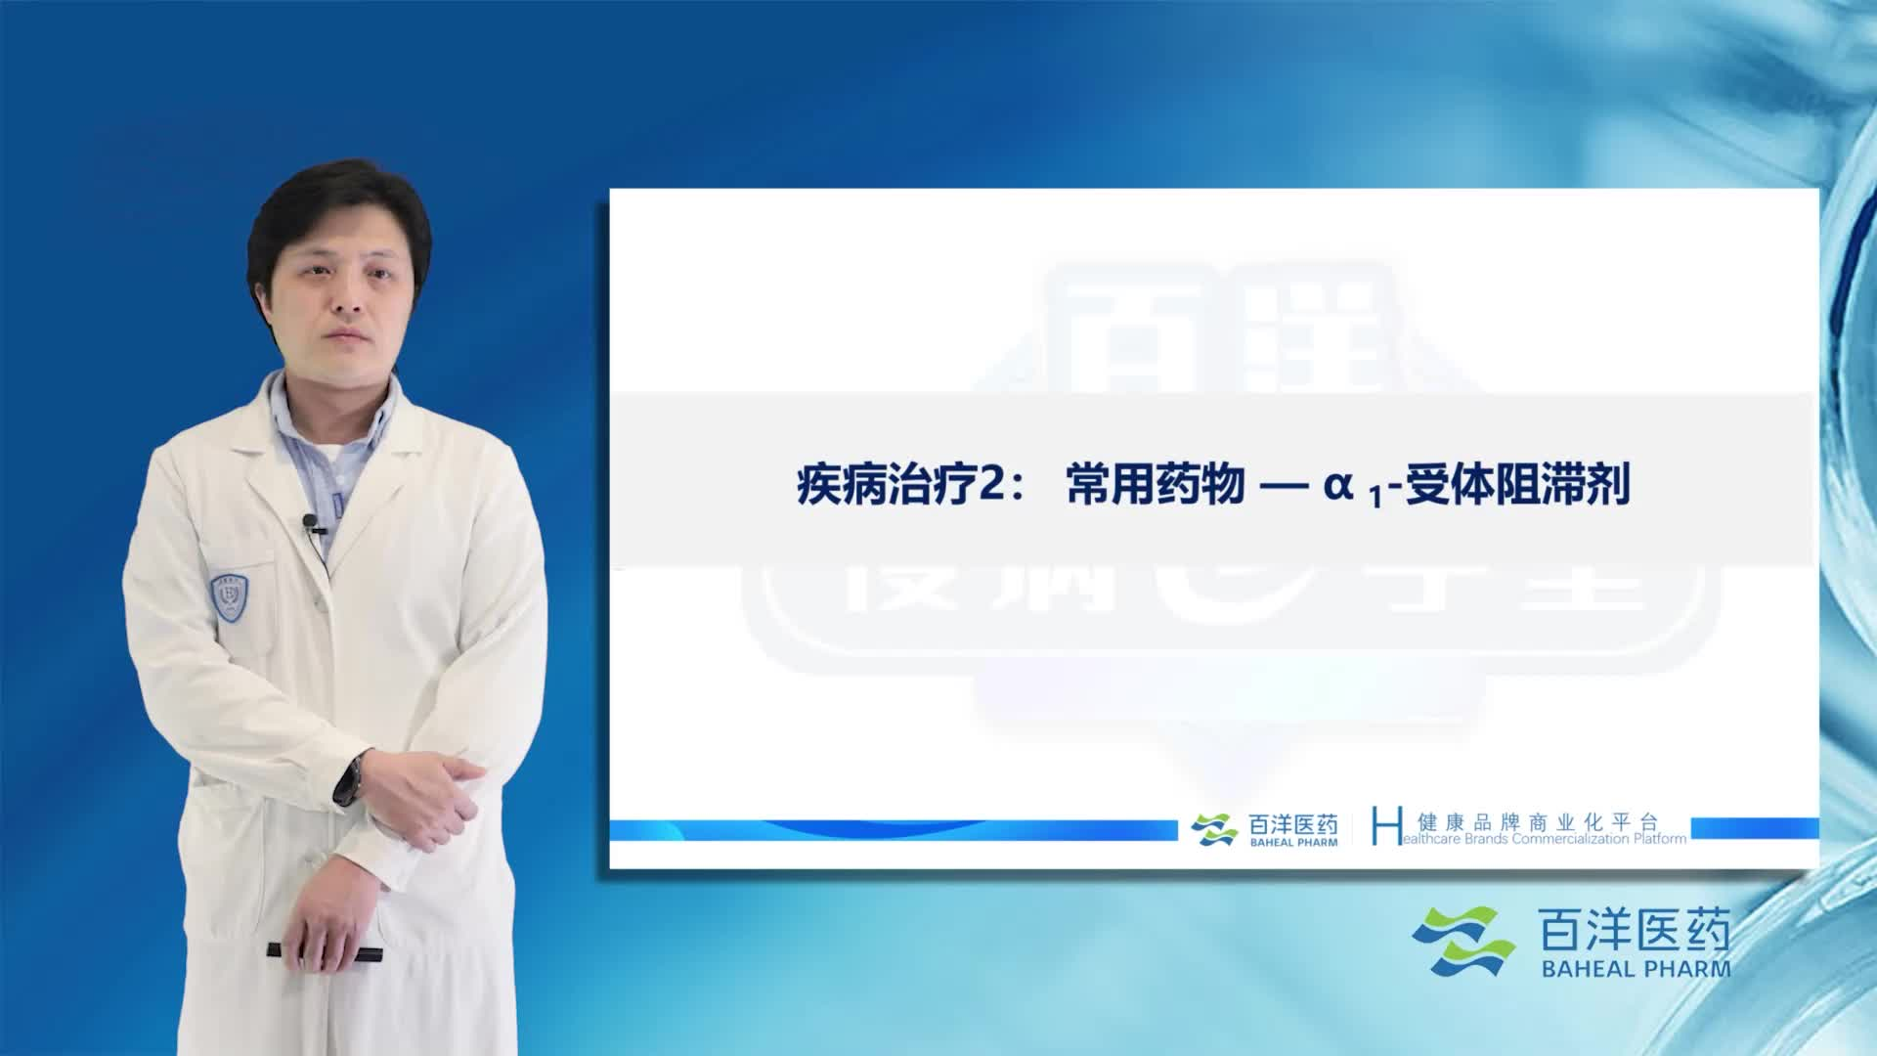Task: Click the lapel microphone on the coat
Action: point(311,523)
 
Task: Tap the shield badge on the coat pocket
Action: point(229,595)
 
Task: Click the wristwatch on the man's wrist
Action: point(350,777)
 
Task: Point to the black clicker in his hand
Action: point(323,950)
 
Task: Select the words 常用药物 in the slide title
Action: point(1155,485)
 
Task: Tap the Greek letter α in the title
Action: point(1337,485)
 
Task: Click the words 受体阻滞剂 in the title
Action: point(1517,485)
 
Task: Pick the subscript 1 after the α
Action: point(1375,499)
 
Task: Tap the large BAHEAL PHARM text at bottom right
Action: point(1636,969)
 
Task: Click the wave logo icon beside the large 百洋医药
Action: point(1462,942)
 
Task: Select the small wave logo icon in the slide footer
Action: point(1214,829)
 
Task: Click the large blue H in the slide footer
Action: point(1385,826)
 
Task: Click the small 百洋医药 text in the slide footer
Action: point(1293,824)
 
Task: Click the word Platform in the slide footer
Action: point(1660,839)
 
